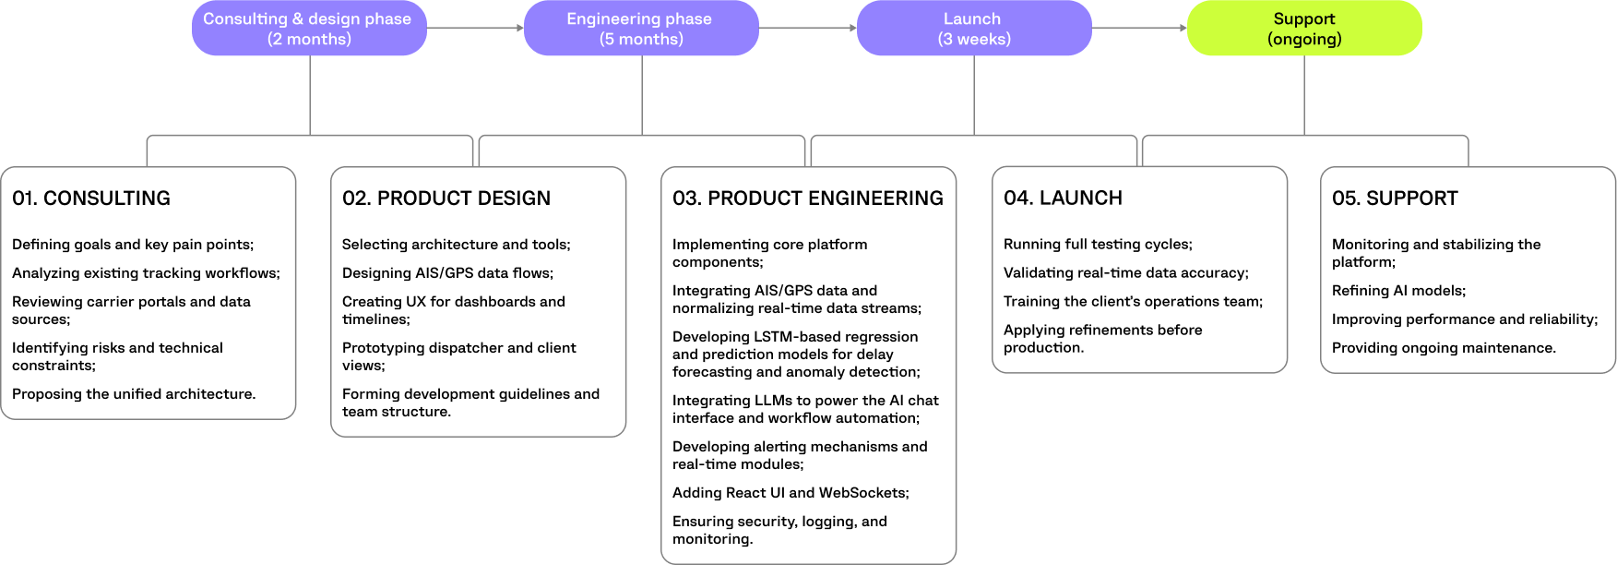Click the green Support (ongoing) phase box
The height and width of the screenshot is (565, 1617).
1303,29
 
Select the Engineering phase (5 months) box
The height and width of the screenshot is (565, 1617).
641,29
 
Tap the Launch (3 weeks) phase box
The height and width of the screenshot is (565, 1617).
973,29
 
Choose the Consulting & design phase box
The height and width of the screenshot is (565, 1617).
309,29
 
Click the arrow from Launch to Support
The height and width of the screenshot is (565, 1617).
1139,29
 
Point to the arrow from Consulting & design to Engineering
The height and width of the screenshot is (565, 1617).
475,29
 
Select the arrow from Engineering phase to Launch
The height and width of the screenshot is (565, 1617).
807,29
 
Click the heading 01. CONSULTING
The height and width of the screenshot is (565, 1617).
91,198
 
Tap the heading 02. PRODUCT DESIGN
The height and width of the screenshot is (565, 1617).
446,198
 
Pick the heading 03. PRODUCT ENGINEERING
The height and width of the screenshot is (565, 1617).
808,198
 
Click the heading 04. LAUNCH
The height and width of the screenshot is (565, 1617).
1063,198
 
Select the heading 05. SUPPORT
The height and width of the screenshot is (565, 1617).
1395,198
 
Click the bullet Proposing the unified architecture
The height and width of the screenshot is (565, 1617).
134,394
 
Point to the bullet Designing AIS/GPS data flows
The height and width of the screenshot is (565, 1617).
447,273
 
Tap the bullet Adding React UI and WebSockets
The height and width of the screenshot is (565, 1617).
791,493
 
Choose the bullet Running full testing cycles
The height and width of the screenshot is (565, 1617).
1098,245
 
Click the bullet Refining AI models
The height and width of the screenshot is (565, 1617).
1398,291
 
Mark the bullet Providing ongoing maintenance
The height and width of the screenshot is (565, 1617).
1444,348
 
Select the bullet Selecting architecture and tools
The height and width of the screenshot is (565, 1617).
456,245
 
